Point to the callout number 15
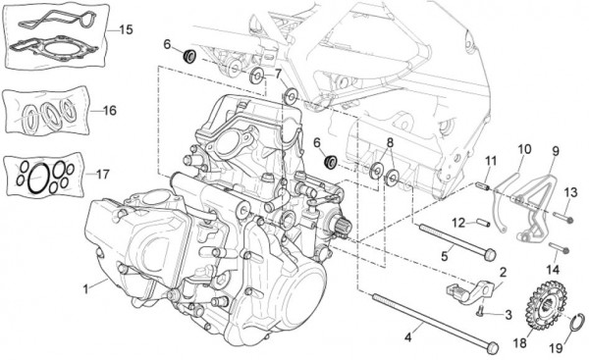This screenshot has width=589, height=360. (125, 30)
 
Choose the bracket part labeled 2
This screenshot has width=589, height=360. (466, 290)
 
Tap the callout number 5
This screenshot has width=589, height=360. (443, 256)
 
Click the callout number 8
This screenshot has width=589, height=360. (390, 143)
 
